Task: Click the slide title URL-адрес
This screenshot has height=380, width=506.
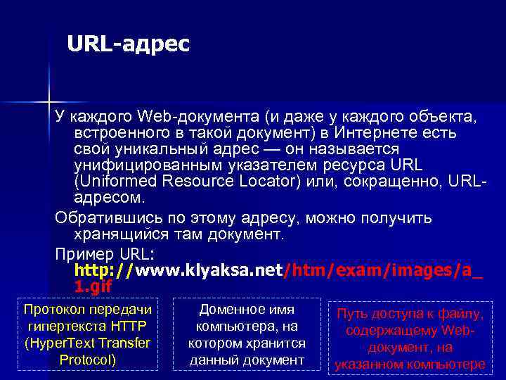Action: point(129,44)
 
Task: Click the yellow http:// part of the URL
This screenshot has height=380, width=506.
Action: point(105,270)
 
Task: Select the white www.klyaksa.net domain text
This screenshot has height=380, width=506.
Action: point(208,270)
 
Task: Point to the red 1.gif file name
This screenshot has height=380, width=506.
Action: point(92,286)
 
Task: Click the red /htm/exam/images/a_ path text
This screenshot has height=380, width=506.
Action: point(383,270)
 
